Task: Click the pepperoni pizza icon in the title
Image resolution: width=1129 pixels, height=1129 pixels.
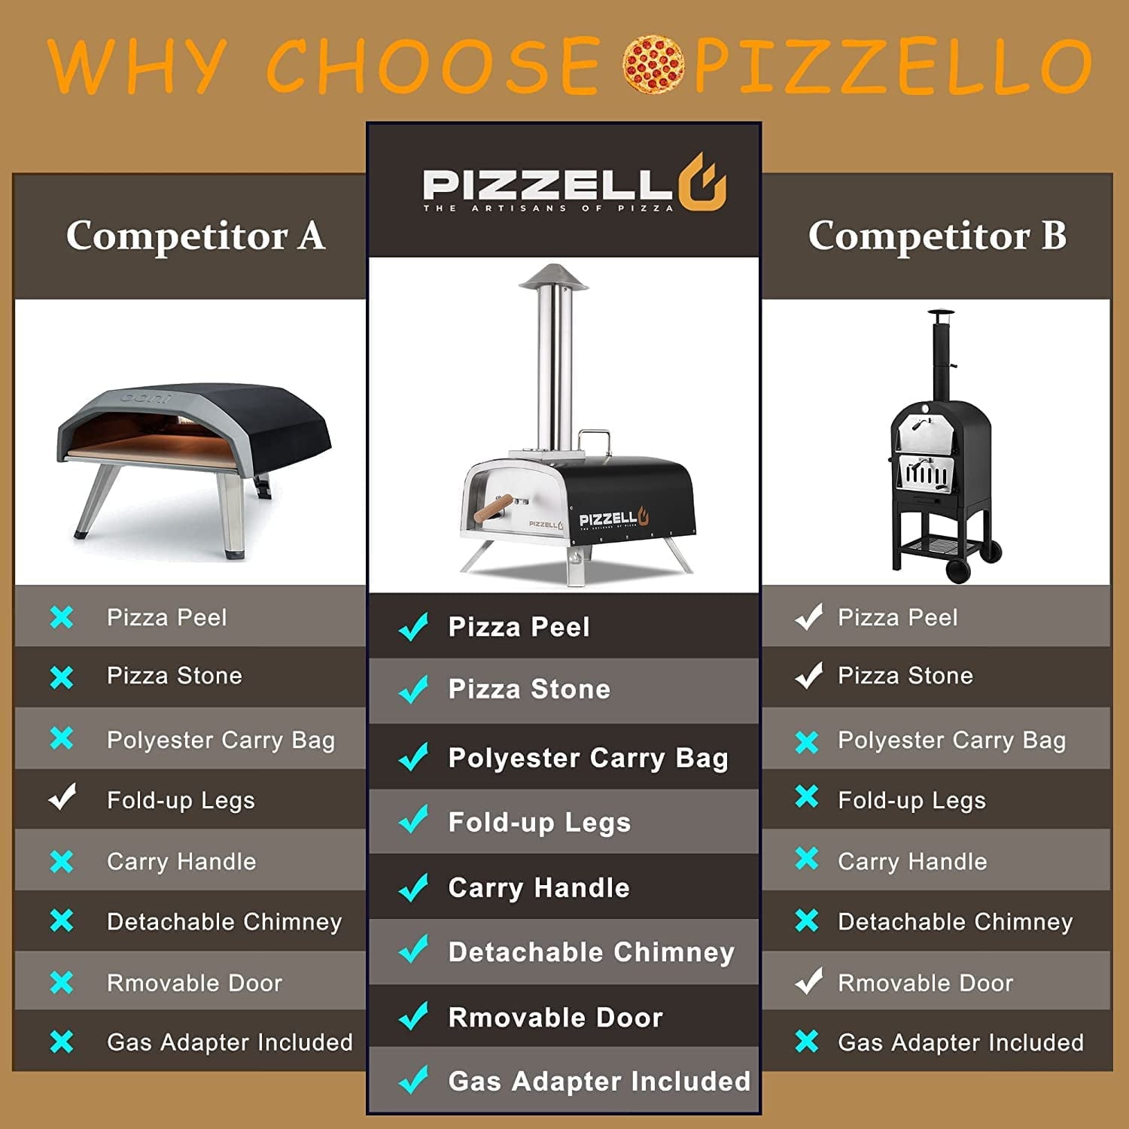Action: tap(653, 64)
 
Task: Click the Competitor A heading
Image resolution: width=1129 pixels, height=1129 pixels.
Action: tap(196, 236)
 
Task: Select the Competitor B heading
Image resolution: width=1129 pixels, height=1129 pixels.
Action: tap(937, 236)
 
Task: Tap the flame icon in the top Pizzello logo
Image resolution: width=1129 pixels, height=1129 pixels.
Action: tap(702, 183)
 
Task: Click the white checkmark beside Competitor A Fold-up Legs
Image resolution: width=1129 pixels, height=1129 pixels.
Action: tap(62, 797)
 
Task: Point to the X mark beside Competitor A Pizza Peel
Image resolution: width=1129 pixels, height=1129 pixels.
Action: tap(62, 617)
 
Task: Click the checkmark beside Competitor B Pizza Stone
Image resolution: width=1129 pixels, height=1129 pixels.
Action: tap(808, 675)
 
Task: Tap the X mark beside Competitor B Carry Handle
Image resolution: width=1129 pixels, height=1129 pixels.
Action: tap(807, 859)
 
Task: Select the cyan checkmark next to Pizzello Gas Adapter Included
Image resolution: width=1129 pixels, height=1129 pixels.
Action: tap(413, 1079)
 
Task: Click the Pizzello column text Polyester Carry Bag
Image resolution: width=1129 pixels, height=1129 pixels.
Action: tap(588, 758)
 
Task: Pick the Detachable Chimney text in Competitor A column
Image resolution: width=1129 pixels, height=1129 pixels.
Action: tap(224, 922)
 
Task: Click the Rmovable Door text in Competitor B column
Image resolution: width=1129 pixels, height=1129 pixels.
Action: tap(925, 983)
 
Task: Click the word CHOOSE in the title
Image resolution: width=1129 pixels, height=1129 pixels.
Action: tap(433, 66)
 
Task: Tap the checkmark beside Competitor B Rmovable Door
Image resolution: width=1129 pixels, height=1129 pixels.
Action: tap(808, 981)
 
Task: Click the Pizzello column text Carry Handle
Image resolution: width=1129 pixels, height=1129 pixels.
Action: tap(539, 888)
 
